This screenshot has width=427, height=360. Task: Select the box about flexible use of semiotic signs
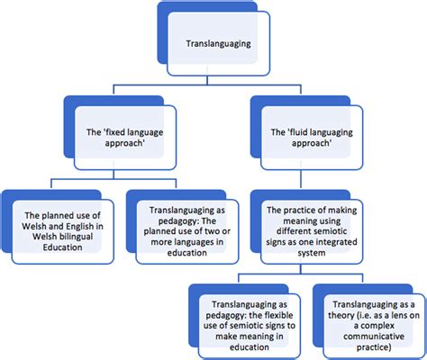coord(246,319)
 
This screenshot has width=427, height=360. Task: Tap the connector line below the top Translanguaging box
coord(213,81)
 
